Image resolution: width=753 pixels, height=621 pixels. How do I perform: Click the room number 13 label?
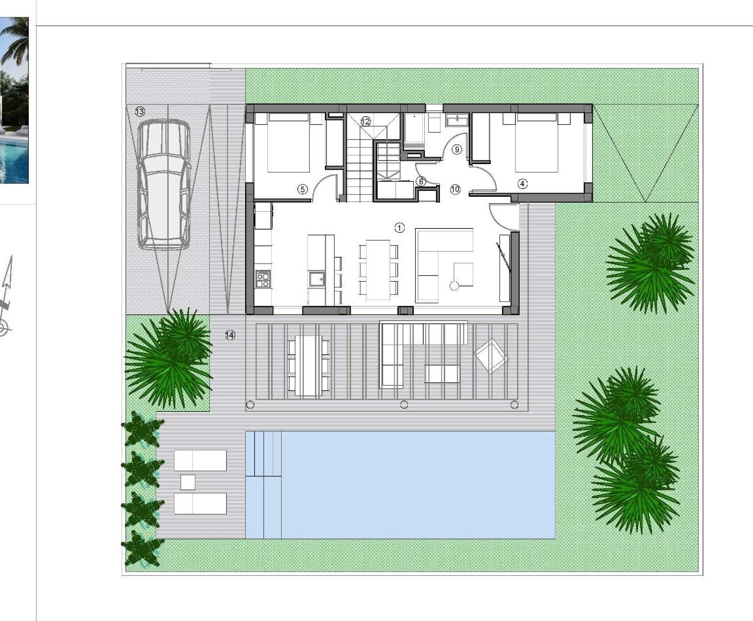(140, 111)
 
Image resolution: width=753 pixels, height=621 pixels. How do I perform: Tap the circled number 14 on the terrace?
(230, 335)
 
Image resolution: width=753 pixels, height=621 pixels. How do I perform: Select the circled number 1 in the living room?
(400, 227)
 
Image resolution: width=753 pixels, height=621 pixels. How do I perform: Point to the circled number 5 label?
(303, 189)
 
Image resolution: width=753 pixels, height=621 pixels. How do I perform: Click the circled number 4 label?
(523, 184)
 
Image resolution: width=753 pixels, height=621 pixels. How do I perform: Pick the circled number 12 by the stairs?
(365, 122)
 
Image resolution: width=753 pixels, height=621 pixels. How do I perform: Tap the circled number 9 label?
(457, 149)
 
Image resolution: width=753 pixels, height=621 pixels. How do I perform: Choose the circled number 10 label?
(455, 189)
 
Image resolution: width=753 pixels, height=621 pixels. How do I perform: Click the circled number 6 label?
(421, 182)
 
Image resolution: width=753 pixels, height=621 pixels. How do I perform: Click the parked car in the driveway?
(164, 184)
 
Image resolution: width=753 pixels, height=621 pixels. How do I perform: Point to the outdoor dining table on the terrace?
(308, 365)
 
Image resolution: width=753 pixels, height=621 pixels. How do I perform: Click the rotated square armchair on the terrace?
(491, 356)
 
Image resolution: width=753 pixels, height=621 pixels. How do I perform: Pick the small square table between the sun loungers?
(188, 482)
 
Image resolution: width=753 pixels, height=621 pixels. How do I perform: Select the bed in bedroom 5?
(288, 143)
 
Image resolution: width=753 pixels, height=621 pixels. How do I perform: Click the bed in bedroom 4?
(537, 143)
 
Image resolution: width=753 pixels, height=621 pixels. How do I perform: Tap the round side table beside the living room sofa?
(454, 286)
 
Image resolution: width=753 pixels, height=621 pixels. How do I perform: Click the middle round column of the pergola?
(404, 405)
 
